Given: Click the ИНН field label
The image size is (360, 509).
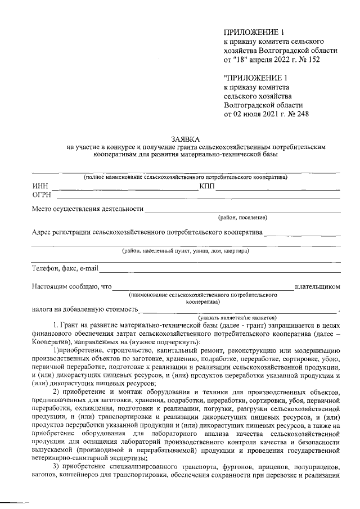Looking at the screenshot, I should pyautogui.click(x=40, y=186).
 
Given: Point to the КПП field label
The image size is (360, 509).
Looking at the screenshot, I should pyautogui.click(x=206, y=186).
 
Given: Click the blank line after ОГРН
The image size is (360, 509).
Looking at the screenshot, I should pyautogui.click(x=197, y=198).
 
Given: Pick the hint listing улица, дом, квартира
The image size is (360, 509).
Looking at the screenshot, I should pyautogui.click(x=186, y=251).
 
